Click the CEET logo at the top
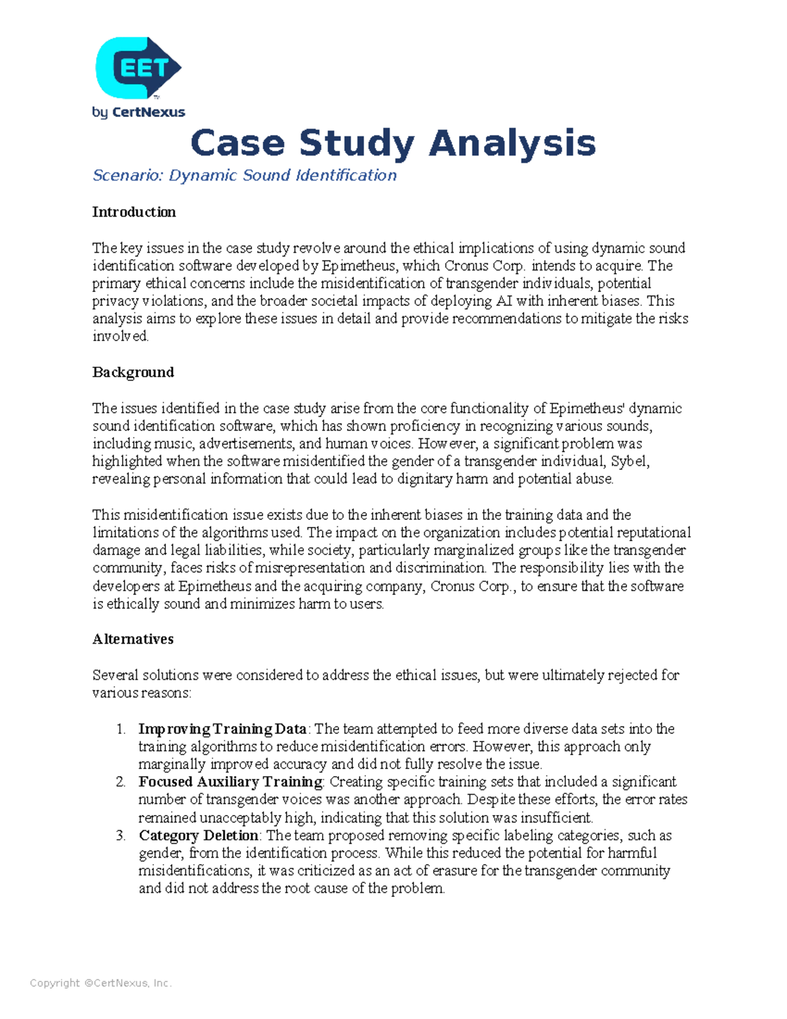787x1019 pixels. point(138,68)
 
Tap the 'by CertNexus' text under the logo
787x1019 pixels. point(138,112)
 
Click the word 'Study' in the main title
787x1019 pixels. point(357,143)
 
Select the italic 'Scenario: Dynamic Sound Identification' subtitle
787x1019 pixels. point(244,176)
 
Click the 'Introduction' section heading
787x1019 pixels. point(134,212)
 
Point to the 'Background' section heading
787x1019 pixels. point(133,372)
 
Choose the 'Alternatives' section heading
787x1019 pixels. point(132,639)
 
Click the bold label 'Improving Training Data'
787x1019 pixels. point(222,729)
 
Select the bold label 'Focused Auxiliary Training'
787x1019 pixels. point(230,782)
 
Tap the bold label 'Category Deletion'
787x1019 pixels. point(198,835)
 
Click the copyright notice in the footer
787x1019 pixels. point(100,983)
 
